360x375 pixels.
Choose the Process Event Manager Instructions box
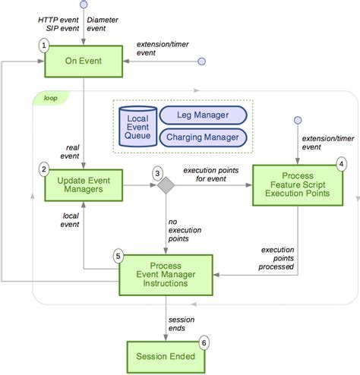click(x=169, y=275)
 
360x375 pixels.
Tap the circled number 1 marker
click(x=44, y=46)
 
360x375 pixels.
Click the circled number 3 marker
click(x=157, y=173)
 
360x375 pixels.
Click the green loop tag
click(x=49, y=97)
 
